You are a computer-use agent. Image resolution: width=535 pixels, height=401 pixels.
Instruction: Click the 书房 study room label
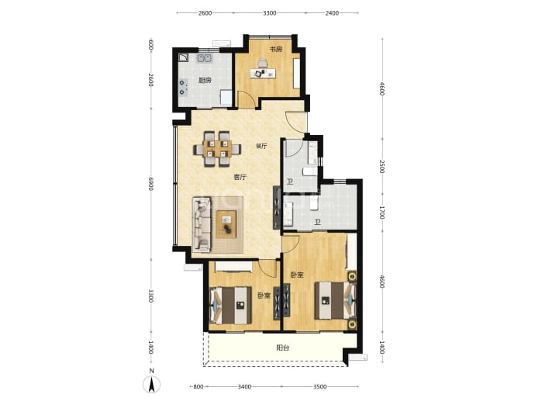point(276,50)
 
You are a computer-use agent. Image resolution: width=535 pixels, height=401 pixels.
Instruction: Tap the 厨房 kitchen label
point(205,81)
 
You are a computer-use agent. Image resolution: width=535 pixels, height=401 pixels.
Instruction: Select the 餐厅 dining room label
point(261,147)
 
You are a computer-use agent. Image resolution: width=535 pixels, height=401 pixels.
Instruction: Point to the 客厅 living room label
point(240,177)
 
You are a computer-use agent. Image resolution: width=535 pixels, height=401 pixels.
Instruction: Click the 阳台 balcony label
point(282,348)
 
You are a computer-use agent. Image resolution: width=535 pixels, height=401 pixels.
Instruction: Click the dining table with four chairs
point(217,149)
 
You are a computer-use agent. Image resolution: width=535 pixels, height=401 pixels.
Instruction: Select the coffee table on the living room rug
point(226,224)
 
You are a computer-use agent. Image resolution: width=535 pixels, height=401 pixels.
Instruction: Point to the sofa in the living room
point(202,224)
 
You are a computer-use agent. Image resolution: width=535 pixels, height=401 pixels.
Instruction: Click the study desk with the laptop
point(263,73)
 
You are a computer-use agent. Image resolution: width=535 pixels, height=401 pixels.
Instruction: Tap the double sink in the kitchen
point(205,58)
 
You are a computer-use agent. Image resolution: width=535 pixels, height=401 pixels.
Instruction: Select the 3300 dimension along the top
point(270,13)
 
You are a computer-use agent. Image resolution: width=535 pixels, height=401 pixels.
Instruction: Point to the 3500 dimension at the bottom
point(319,387)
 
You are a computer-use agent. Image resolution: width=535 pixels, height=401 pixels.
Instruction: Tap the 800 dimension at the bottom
point(198,387)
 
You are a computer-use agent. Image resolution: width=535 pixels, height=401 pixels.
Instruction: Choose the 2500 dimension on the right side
point(382,167)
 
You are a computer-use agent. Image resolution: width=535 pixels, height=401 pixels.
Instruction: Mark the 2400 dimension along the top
point(332,13)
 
